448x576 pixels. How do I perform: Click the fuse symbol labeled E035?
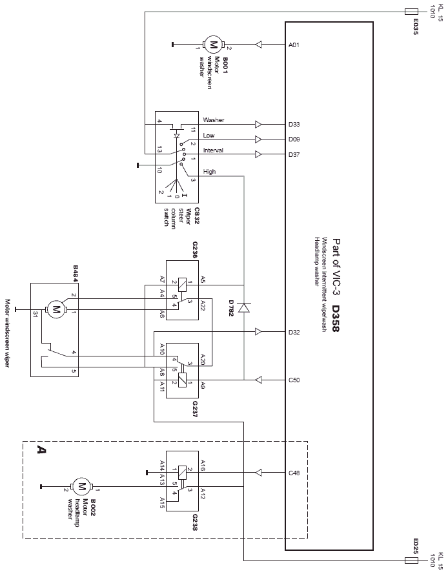tap(411, 12)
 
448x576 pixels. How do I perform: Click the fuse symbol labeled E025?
tap(411, 561)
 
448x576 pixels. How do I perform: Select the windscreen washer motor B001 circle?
tap(212, 45)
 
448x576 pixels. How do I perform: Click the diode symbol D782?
tap(244, 307)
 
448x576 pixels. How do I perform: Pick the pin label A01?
tap(294, 45)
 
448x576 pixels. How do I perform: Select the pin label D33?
tap(294, 125)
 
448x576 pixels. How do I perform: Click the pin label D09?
tap(294, 139)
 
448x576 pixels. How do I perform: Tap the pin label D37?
tap(294, 155)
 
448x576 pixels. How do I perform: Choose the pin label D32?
tap(294, 333)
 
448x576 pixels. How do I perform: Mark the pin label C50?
tap(294, 380)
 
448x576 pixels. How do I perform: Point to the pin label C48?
tap(294, 473)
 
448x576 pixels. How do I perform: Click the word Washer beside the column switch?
tap(214, 119)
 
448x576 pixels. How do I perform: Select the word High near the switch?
tap(209, 172)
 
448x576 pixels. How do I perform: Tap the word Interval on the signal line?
tap(213, 150)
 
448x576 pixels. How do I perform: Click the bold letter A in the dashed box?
tap(41, 449)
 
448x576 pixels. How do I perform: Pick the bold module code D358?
tap(336, 318)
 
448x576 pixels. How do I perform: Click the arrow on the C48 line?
tap(258, 473)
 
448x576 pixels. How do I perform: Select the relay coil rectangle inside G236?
tap(182, 284)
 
